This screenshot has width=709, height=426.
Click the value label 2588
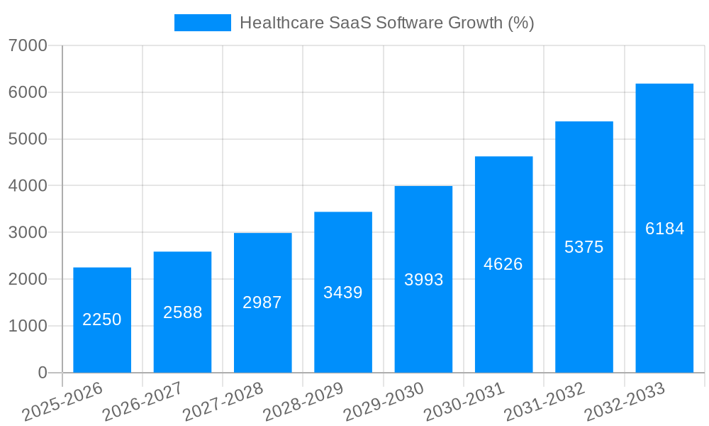pos(182,312)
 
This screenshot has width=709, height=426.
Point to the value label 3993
pos(423,280)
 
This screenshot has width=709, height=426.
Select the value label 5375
pos(584,247)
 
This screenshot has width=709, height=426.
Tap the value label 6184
pos(664,229)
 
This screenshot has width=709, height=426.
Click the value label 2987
pos(262,302)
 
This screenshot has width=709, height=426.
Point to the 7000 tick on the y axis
pos(28,45)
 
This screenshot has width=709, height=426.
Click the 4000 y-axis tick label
pos(28,185)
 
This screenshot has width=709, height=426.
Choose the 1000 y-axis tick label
pos(28,326)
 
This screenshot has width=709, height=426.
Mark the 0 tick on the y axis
pos(42,373)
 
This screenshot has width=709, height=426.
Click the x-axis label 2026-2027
pos(143,402)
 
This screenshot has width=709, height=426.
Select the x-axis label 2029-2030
pos(384,402)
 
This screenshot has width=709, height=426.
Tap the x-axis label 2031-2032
pos(545,402)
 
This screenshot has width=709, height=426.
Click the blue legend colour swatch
pos(203,23)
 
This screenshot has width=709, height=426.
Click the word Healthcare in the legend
pos(281,23)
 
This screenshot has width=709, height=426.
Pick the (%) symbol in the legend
pos(521,23)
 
